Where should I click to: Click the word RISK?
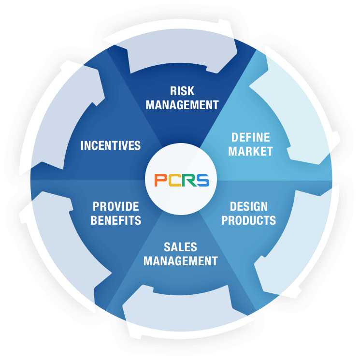pyautogui.click(x=182, y=91)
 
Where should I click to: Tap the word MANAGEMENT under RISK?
pyautogui.click(x=182, y=105)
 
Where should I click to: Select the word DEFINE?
pyautogui.click(x=250, y=138)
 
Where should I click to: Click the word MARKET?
pyautogui.click(x=250, y=151)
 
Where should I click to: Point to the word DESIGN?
pyautogui.click(x=249, y=206)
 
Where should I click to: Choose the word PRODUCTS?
pyautogui.click(x=248, y=220)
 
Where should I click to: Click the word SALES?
pyautogui.click(x=180, y=247)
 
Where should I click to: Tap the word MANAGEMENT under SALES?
pyautogui.click(x=180, y=261)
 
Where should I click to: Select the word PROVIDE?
pyautogui.click(x=115, y=206)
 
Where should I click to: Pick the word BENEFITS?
pyautogui.click(x=115, y=220)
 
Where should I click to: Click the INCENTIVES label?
pyautogui.click(x=111, y=145)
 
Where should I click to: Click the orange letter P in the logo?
pyautogui.click(x=161, y=180)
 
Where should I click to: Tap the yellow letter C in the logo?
pyautogui.click(x=175, y=180)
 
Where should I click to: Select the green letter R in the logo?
pyautogui.click(x=189, y=180)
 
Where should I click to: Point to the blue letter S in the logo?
pyautogui.click(x=202, y=180)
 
